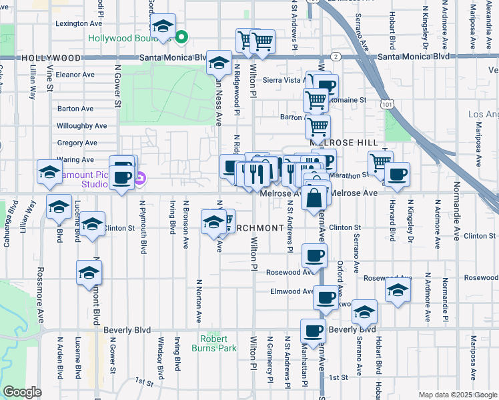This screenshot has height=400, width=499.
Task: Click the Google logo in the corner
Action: pos(22,392)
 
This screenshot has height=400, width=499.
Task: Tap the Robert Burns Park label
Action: pos(223,343)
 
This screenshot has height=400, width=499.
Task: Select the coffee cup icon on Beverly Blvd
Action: pos(313,330)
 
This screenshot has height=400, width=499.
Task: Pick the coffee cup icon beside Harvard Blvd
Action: pos(397,175)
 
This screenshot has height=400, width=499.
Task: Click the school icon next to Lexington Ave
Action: pos(162,27)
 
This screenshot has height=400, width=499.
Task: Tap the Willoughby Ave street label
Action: pos(82,125)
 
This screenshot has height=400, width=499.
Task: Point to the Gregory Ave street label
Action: pos(77,143)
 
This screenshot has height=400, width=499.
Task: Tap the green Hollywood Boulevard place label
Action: pos(128,37)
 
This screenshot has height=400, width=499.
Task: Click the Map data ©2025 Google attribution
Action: pos(458,395)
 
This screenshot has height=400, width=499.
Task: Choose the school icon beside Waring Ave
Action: pos(49,173)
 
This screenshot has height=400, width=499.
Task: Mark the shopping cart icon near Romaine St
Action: pos(316,100)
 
